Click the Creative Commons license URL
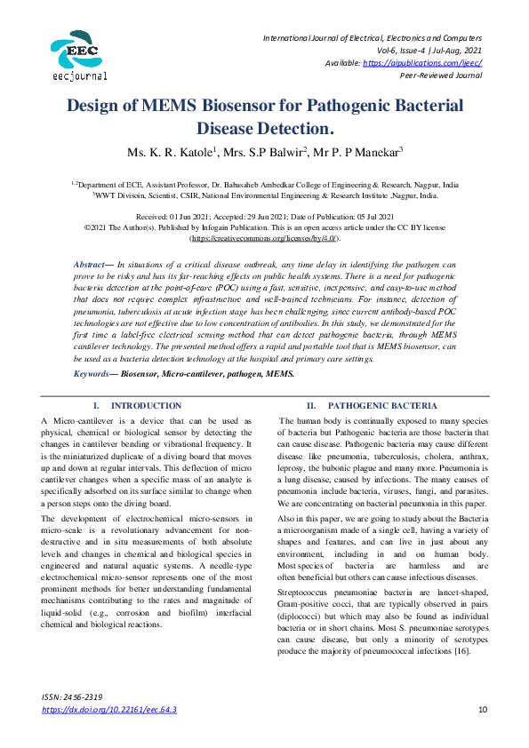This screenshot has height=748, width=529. [264, 239]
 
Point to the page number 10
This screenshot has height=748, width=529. [484, 710]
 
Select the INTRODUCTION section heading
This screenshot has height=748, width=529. [146, 405]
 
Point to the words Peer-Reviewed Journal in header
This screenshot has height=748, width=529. [441, 76]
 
